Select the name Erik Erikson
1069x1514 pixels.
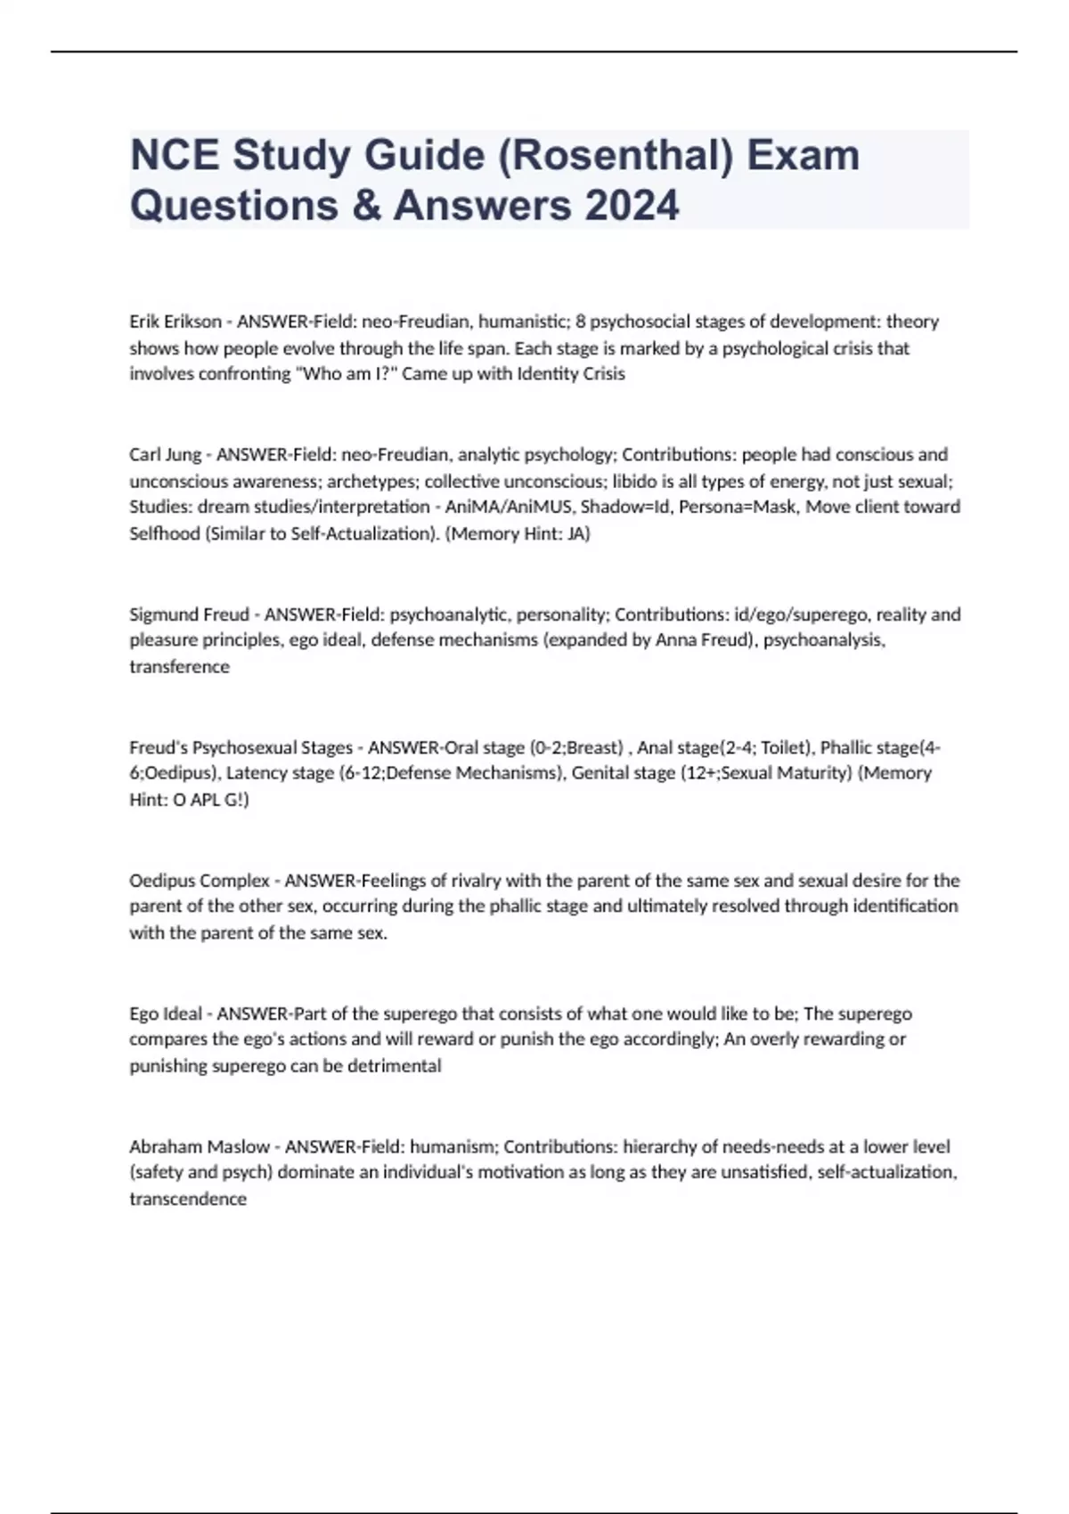(x=175, y=322)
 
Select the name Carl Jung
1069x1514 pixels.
(x=166, y=455)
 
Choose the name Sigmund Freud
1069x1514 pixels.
(x=189, y=615)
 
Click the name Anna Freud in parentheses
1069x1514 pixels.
(x=699, y=640)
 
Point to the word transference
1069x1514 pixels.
(x=179, y=667)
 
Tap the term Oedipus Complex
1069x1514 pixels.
(x=200, y=881)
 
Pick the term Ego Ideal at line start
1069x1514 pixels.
(x=166, y=1013)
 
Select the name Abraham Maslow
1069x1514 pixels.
(x=200, y=1147)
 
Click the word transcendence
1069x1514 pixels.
(x=188, y=1200)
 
